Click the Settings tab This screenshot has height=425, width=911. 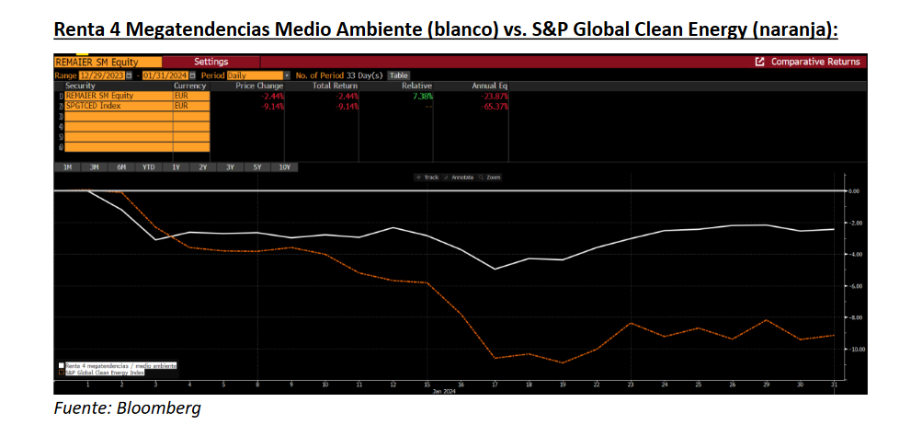[211, 62]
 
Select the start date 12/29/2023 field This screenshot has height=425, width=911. [101, 75]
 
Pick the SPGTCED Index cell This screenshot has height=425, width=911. [93, 106]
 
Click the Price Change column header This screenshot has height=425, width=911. [258, 86]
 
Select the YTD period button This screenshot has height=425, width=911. [148, 167]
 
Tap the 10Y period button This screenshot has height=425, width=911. [284, 167]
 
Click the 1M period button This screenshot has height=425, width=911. [67, 167]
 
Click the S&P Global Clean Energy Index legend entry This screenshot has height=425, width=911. [103, 373]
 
